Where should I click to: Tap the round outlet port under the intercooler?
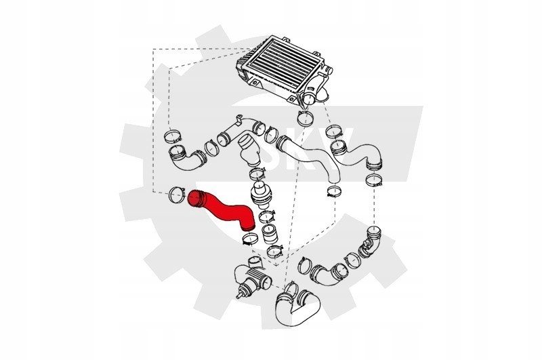pyautogui.click(x=308, y=100)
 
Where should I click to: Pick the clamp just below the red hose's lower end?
pyautogui.click(x=249, y=239)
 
